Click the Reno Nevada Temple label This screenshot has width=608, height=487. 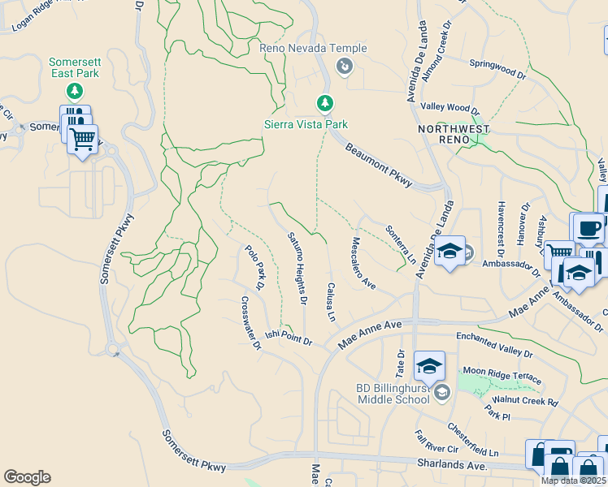(313, 49)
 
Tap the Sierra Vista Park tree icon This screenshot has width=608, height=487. (325, 103)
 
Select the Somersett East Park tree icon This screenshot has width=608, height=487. (74, 89)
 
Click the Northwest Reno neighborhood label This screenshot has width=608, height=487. (454, 135)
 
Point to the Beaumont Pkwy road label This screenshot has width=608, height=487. (380, 164)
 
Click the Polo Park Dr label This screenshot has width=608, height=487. (255, 267)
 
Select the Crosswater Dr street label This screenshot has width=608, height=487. (250, 322)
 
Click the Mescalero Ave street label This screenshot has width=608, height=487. (363, 262)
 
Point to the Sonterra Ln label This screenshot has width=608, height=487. (401, 245)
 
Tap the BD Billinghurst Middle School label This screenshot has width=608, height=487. (393, 394)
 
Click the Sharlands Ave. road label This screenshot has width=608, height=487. (451, 465)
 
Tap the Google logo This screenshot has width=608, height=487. (27, 477)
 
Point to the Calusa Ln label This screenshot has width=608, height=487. (331, 300)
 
